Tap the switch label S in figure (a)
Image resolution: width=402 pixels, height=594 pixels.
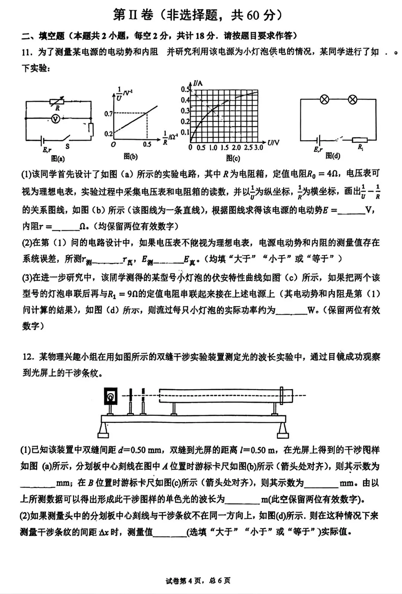click(67, 146)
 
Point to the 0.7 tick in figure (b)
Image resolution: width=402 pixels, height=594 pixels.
click(108, 113)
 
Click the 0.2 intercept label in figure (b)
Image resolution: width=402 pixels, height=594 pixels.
click(108, 134)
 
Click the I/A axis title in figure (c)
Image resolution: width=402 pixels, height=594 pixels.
click(198, 83)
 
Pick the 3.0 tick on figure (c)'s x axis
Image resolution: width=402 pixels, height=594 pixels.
click(259, 147)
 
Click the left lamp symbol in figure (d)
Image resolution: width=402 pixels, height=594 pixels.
click(325, 99)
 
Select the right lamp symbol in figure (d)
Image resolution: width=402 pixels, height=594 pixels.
click(352, 99)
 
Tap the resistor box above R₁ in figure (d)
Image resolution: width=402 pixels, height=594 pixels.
click(360, 140)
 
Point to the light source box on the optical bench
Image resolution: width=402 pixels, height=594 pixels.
click(110, 396)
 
